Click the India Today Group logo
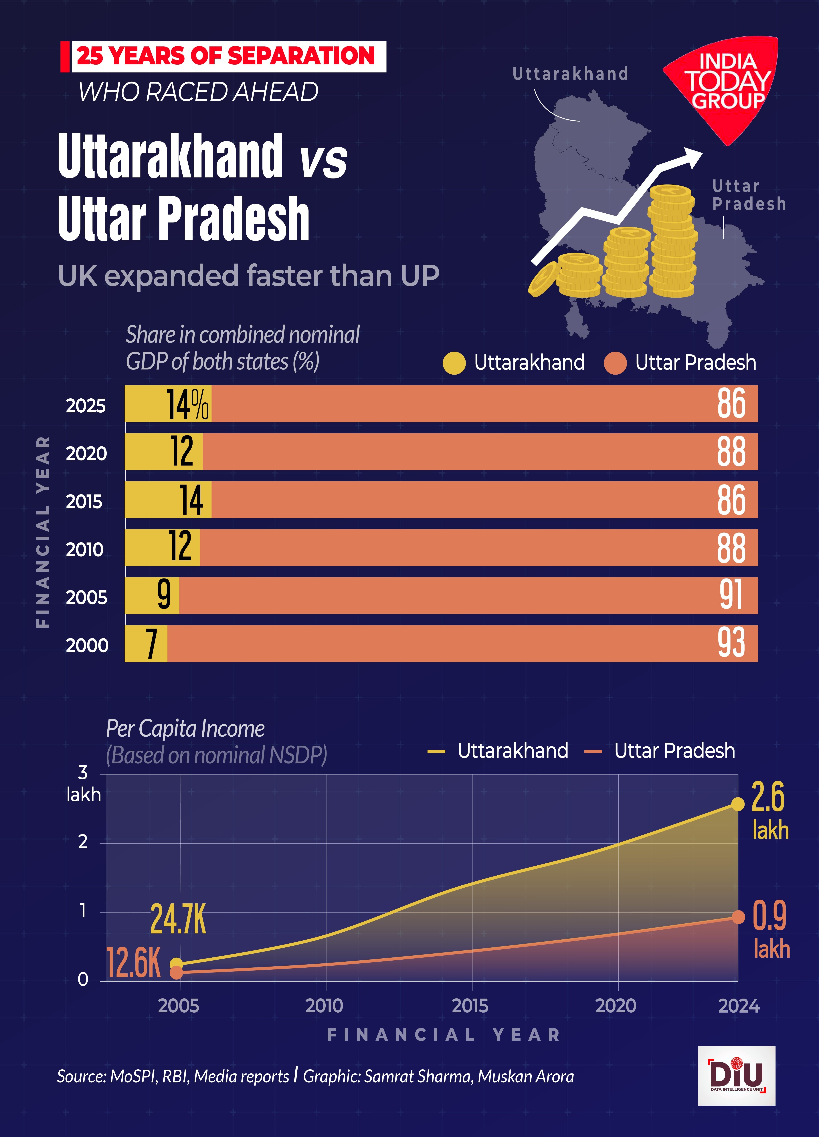coord(722,85)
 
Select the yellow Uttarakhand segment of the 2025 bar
coord(145,403)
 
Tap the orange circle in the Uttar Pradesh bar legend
coord(615,363)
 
